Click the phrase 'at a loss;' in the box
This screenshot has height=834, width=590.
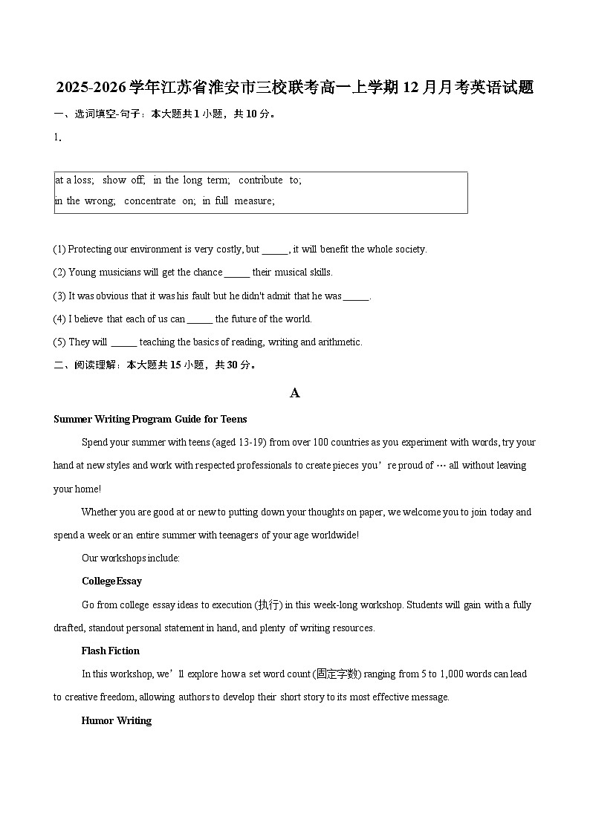click(74, 180)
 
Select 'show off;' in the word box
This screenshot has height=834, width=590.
click(124, 180)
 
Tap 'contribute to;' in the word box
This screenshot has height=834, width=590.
click(270, 180)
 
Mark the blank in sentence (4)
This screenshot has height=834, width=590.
click(200, 319)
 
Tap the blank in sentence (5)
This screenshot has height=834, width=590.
click(124, 342)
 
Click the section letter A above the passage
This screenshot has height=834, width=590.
click(295, 393)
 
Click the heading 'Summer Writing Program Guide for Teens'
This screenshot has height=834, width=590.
click(150, 419)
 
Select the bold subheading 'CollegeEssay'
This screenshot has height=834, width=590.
click(111, 581)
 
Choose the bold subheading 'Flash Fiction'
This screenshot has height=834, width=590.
click(111, 651)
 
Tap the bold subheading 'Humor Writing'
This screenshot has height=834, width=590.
click(117, 720)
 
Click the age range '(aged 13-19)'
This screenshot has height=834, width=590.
click(239, 442)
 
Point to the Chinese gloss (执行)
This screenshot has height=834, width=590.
click(269, 605)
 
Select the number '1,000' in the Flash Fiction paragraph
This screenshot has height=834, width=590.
click(453, 674)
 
